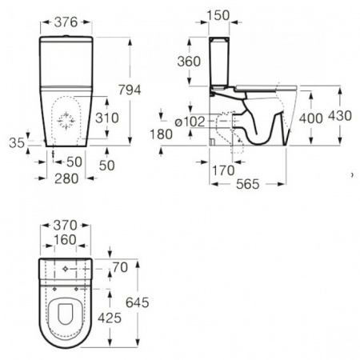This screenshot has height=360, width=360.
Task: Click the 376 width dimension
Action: click(66, 22)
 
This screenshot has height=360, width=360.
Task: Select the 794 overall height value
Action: click(130, 90)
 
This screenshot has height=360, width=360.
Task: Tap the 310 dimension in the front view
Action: click(107, 118)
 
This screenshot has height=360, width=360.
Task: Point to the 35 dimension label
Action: click(17, 143)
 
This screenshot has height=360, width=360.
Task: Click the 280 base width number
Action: click(66, 178)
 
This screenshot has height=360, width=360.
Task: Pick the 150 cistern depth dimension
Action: click(218, 15)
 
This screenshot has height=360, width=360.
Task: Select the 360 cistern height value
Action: click(189, 62)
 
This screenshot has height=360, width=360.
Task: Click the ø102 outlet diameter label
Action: click(190, 122)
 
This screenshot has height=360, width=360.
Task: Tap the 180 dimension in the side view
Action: click(161, 134)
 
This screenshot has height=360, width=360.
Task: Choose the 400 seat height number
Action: click(311, 118)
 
